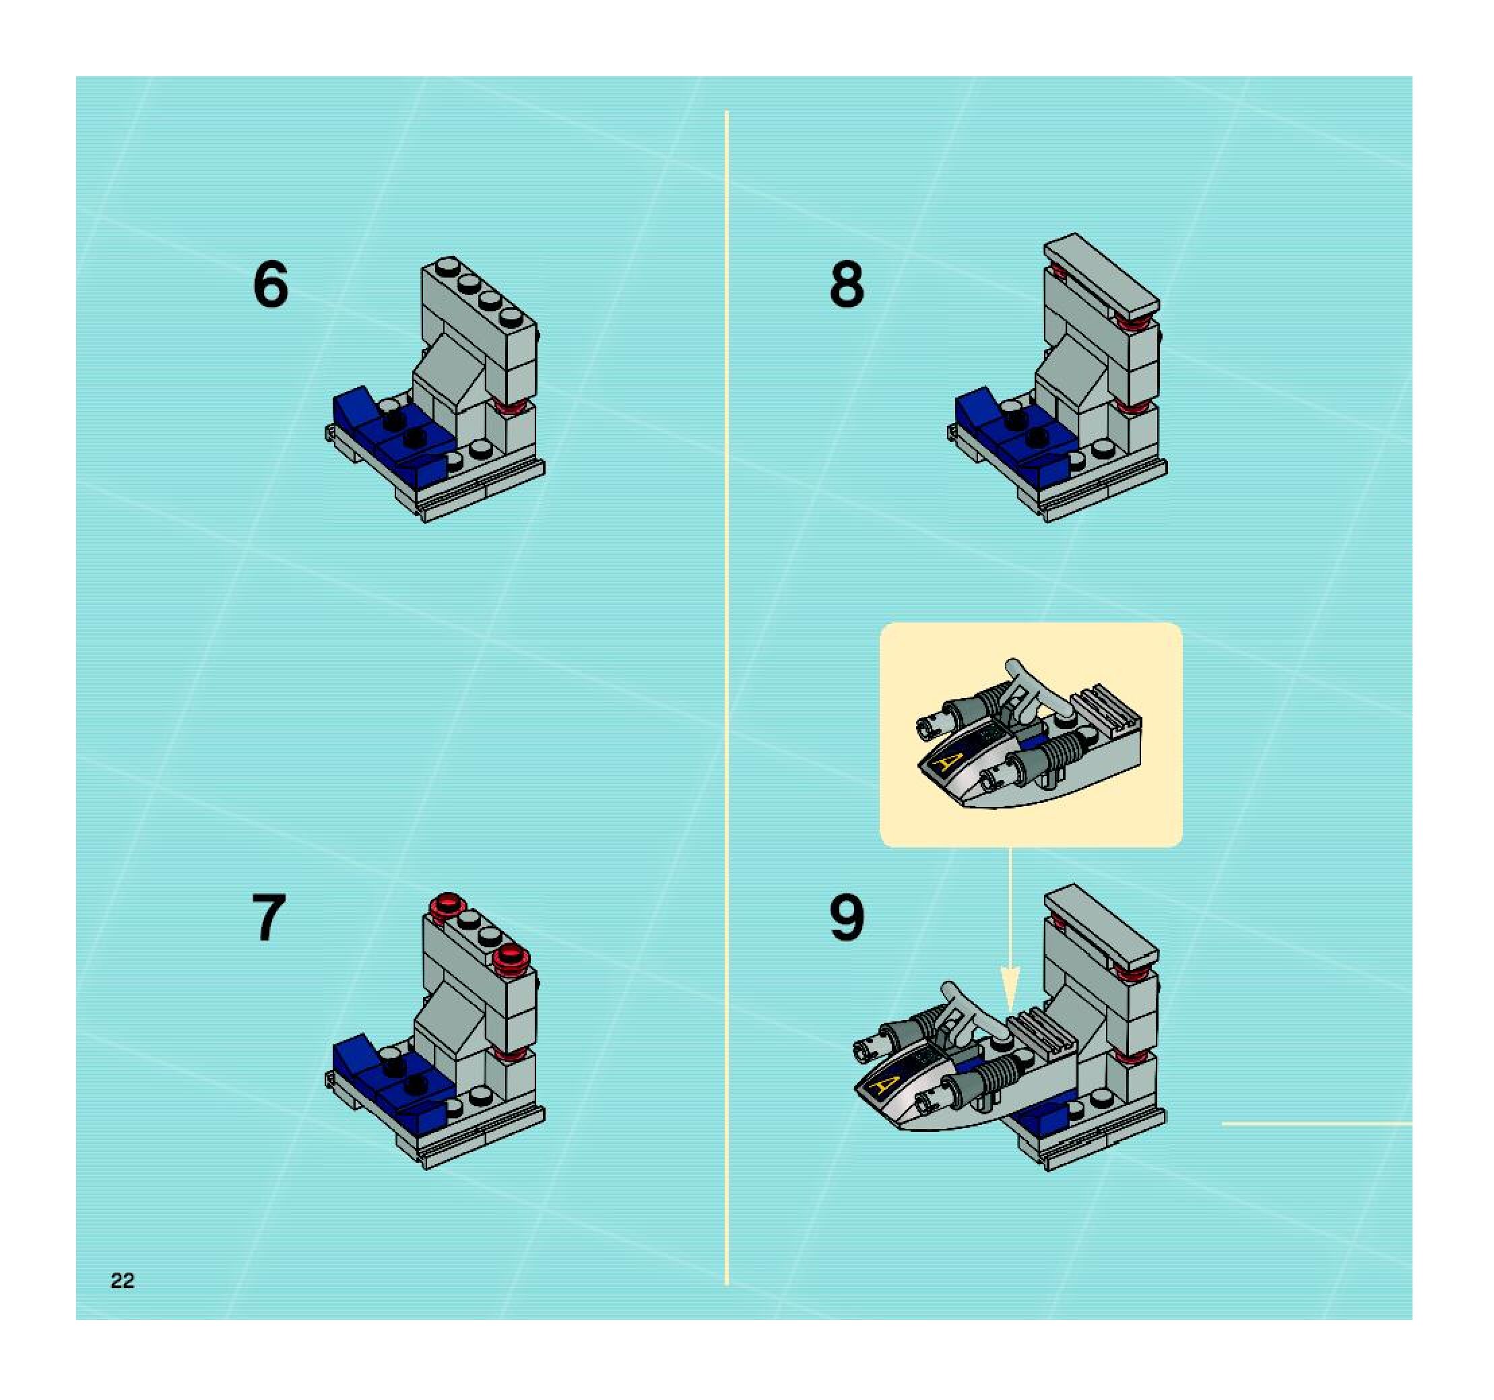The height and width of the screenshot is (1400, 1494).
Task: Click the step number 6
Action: click(x=271, y=284)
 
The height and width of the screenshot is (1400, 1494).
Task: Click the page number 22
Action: click(x=123, y=1281)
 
